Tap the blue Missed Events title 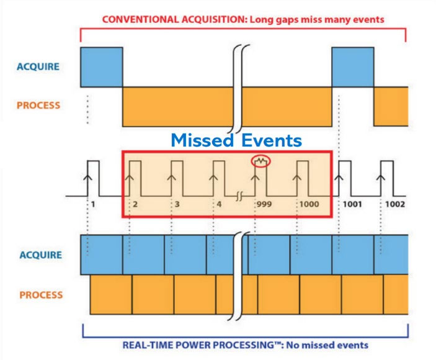pos(236,140)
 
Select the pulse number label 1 pos(92,204)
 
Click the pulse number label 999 pos(264,204)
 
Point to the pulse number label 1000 pos(308,204)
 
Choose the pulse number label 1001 pos(352,204)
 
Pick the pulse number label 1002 pos(395,204)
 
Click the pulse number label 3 pos(177,204)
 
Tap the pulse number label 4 pos(220,204)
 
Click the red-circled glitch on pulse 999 pos(262,162)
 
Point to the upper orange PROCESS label pos(38,106)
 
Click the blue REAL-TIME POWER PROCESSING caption pos(244,344)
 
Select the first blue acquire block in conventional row pos(102,65)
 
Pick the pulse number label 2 pos(134,204)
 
